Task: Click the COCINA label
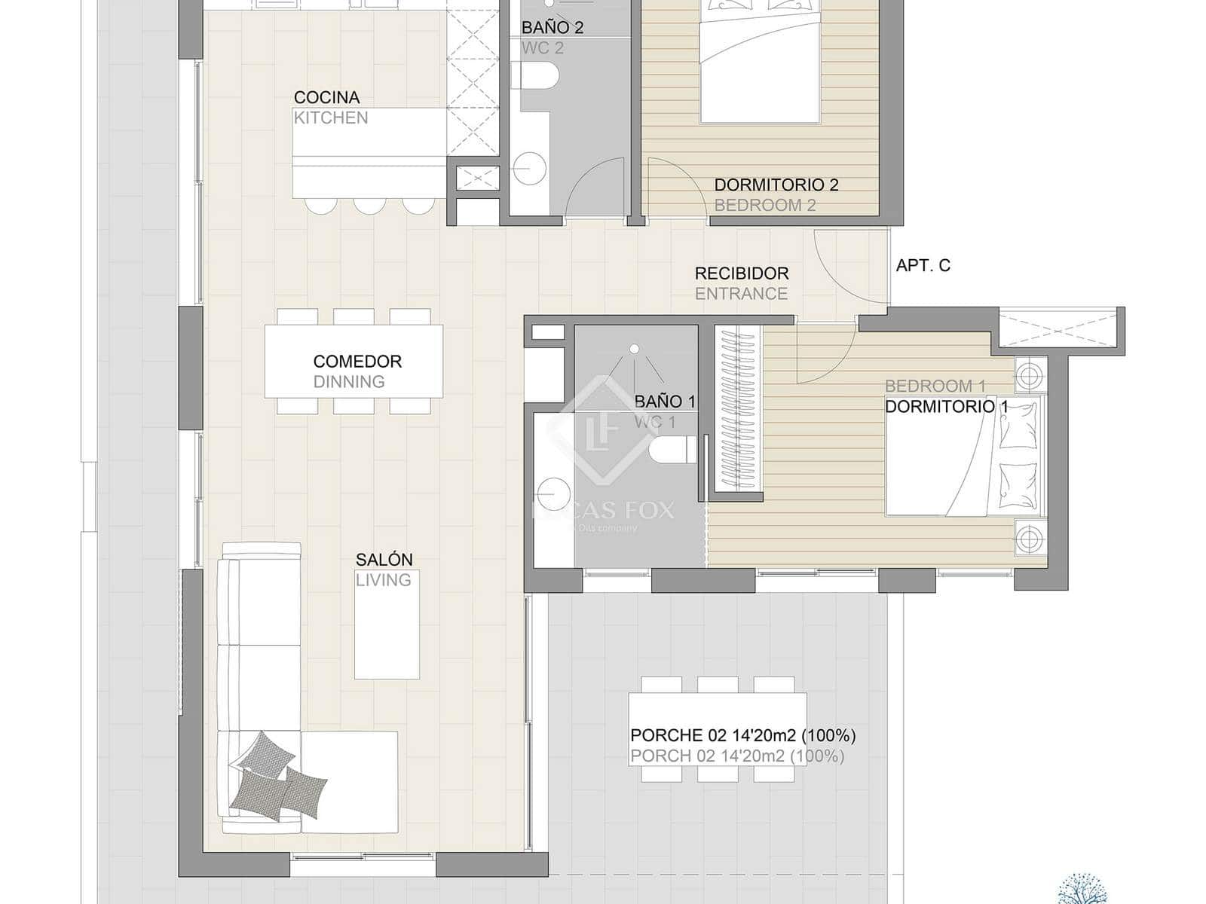point(326,97)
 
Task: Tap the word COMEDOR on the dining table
point(357,362)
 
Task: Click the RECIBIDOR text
point(741,273)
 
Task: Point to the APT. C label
point(923,265)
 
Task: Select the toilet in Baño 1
point(673,450)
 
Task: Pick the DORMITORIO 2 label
point(776,185)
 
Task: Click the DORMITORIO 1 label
point(946,407)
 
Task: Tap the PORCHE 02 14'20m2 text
point(742,735)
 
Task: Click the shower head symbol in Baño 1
point(635,349)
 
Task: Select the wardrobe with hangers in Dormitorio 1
point(737,411)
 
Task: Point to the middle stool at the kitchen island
point(369,206)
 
